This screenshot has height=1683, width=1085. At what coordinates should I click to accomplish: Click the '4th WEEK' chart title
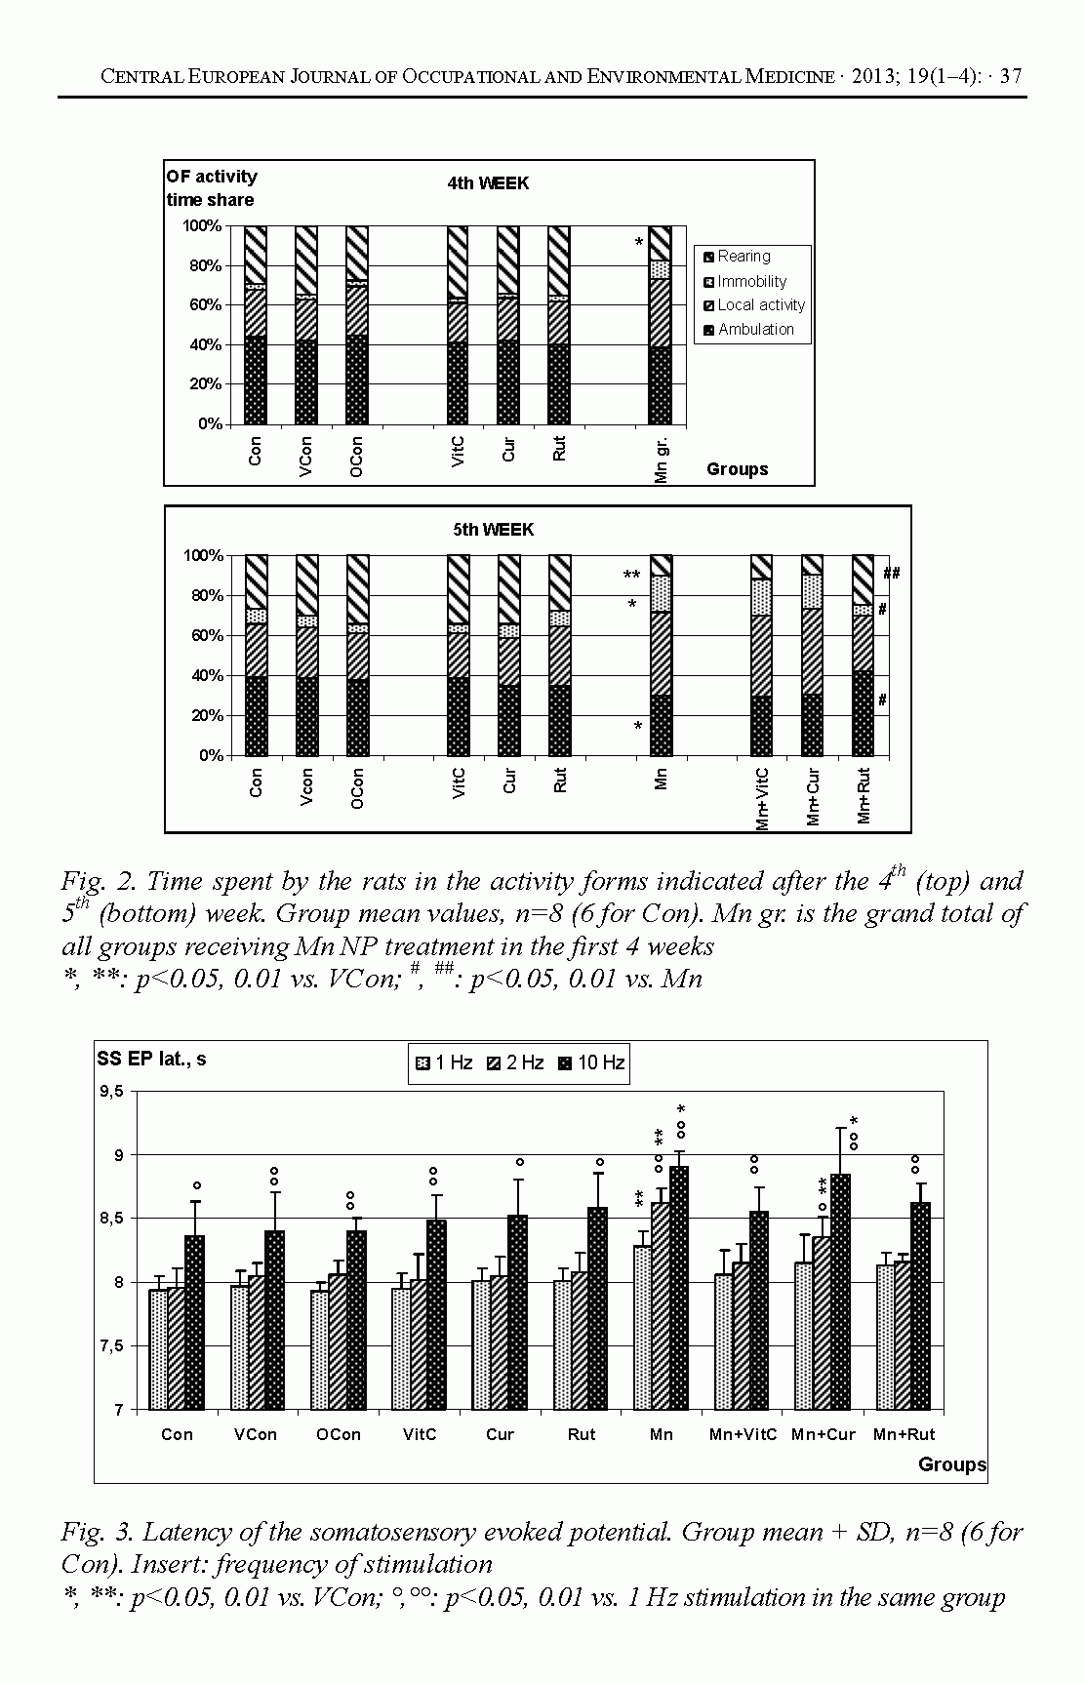click(x=488, y=183)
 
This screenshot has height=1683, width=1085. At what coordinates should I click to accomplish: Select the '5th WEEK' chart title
click(x=494, y=530)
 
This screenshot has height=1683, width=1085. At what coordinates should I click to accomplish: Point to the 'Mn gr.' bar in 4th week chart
click(x=661, y=325)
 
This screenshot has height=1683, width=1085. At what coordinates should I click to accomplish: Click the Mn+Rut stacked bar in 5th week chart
click(x=863, y=656)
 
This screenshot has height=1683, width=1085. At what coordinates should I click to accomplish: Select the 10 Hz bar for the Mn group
click(x=679, y=1287)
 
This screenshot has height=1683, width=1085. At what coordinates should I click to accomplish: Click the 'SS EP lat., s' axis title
click(x=151, y=1059)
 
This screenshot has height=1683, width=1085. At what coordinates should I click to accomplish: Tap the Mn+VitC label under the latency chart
click(x=743, y=1434)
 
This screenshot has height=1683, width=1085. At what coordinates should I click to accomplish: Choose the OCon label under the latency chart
click(x=338, y=1434)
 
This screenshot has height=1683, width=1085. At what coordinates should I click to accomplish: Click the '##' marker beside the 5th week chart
click(x=891, y=574)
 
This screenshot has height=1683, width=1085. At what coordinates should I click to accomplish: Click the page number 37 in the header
click(x=1011, y=76)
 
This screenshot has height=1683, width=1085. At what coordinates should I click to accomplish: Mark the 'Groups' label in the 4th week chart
click(x=737, y=469)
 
